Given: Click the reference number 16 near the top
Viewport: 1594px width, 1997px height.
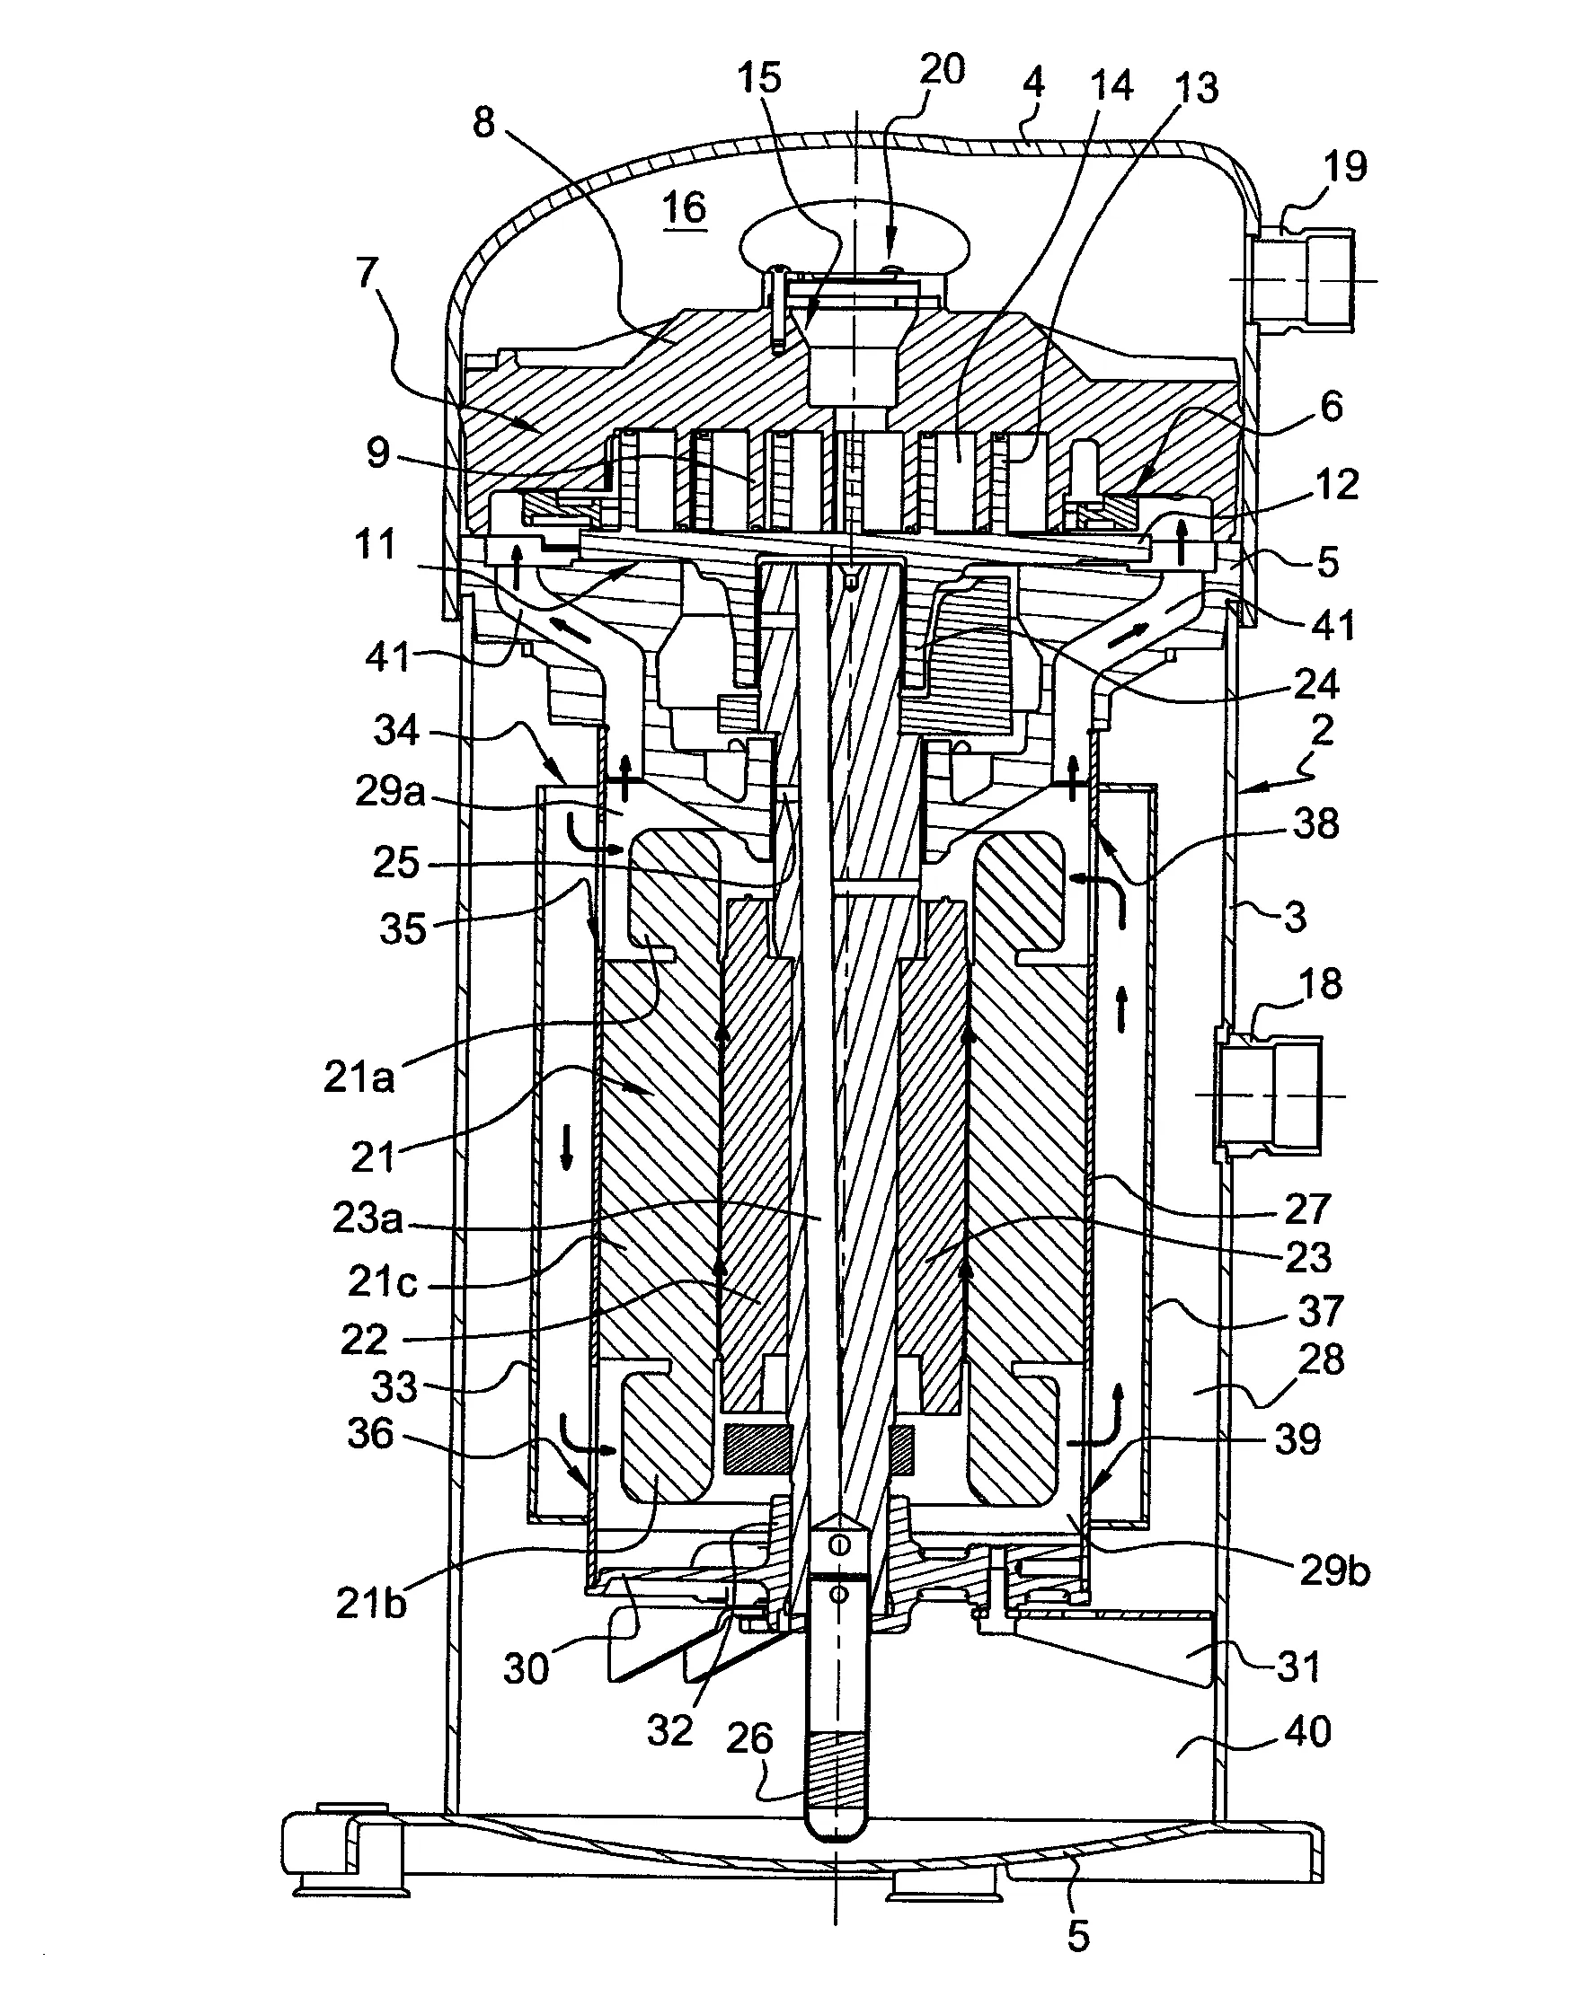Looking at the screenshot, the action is tap(684, 207).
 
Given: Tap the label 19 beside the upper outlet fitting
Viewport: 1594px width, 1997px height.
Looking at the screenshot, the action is tap(1345, 167).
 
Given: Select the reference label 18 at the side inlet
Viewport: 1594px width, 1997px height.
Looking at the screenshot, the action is tap(1320, 983).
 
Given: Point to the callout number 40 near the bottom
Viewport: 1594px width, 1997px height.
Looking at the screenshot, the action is tap(1307, 1730).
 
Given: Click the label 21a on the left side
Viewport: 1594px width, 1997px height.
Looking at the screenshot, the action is tap(359, 1077).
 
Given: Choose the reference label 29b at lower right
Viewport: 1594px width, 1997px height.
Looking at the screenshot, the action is tap(1334, 1572).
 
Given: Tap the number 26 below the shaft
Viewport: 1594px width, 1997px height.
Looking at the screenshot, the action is tap(748, 1738).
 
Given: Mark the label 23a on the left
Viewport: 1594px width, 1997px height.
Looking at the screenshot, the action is tap(368, 1218).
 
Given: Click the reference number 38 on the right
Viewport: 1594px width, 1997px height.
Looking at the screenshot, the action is tap(1315, 823).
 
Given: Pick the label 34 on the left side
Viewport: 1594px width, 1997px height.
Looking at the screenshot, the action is tap(396, 730).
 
